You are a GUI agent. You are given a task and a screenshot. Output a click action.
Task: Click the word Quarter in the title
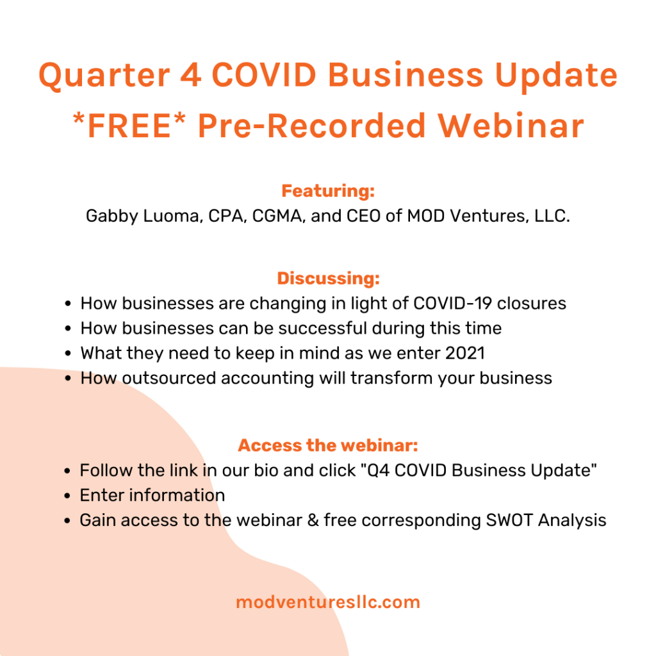point(104,76)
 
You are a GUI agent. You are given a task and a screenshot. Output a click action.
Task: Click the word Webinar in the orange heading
point(511,125)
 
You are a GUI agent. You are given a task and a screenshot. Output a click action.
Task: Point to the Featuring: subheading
point(328,191)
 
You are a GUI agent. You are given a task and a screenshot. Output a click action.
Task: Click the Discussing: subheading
point(329,278)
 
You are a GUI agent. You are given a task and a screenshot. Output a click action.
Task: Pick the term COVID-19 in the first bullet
point(452,303)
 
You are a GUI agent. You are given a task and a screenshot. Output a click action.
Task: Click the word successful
point(323,328)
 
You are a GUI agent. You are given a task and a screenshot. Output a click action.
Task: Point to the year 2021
point(465,353)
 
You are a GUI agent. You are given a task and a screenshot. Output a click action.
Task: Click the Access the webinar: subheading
point(328,445)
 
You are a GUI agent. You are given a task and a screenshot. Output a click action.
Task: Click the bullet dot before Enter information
point(67,496)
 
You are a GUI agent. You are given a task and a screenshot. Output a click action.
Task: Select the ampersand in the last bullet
point(313,520)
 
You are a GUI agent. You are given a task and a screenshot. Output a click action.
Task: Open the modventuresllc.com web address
point(328,602)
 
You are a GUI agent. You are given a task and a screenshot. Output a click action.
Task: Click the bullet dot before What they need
point(68,354)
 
